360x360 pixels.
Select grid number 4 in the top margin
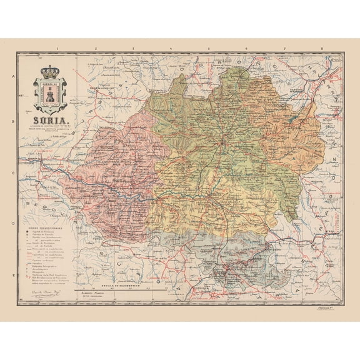tap(171, 47)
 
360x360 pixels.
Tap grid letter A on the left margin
tap(13, 77)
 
